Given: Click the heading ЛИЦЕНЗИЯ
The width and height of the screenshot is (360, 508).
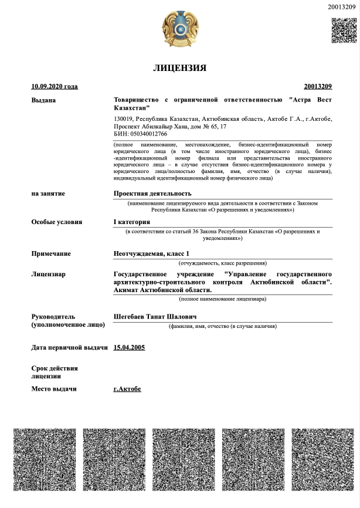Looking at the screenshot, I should pyautogui.click(x=179, y=68).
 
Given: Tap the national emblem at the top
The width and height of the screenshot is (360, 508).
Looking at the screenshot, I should pyautogui.click(x=179, y=29).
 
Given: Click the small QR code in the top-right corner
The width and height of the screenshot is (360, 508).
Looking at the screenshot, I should pyautogui.click(x=344, y=31).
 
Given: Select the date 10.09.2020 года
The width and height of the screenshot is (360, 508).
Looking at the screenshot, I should pyautogui.click(x=55, y=87).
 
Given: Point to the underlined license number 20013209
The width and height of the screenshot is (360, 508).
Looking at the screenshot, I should pyautogui.click(x=318, y=87).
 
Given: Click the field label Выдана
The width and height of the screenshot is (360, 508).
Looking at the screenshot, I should pyautogui.click(x=43, y=100).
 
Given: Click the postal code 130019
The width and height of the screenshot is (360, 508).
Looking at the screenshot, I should pyautogui.click(x=123, y=119).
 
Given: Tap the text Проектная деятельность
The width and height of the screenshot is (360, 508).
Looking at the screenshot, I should pyautogui.click(x=152, y=193).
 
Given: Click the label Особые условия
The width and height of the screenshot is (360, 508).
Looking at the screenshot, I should pyautogui.click(x=57, y=222).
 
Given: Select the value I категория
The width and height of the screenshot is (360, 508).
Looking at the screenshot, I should pyautogui.click(x=132, y=222).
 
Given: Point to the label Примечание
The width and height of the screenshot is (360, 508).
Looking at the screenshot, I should pyautogui.click(x=51, y=253).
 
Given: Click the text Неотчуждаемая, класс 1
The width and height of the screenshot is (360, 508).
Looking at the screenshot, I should pyautogui.click(x=151, y=253).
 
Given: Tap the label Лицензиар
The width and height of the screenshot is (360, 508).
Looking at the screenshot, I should pyautogui.click(x=48, y=274).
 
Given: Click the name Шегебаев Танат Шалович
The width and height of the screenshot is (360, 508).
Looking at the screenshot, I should pyautogui.click(x=155, y=317).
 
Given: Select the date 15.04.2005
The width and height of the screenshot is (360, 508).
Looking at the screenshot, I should pyautogui.click(x=129, y=347).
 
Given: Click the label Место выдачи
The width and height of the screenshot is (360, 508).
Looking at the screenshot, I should pyautogui.click(x=54, y=389).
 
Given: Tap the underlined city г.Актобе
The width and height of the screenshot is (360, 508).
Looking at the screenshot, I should pyautogui.click(x=127, y=389).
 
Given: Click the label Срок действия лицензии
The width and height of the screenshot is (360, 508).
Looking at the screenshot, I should pyautogui.click(x=55, y=372).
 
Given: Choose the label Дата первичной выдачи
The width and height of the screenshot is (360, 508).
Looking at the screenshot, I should pyautogui.click(x=69, y=347).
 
